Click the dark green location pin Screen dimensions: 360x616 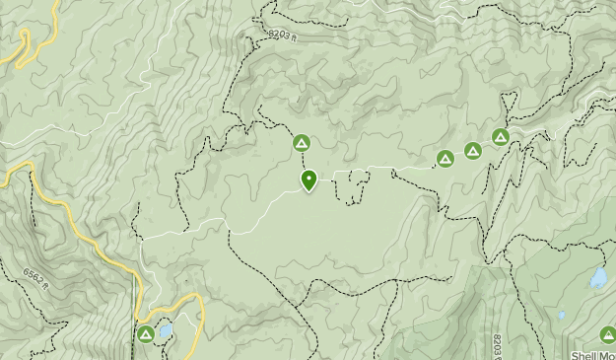(308, 180)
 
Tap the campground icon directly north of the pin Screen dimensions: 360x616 (301, 144)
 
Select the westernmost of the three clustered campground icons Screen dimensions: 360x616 (445, 158)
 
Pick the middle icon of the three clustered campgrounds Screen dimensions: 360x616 (473, 151)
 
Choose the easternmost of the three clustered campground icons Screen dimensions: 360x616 (501, 137)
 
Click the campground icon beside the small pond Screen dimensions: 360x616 (146, 334)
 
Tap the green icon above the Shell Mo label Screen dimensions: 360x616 (607, 334)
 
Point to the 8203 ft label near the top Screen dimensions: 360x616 (280, 36)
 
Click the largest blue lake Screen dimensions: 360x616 (597, 279)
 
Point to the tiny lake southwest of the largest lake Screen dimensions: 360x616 (561, 316)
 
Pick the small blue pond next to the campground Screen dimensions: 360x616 (166, 330)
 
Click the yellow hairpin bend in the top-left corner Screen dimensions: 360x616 (25, 43)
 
